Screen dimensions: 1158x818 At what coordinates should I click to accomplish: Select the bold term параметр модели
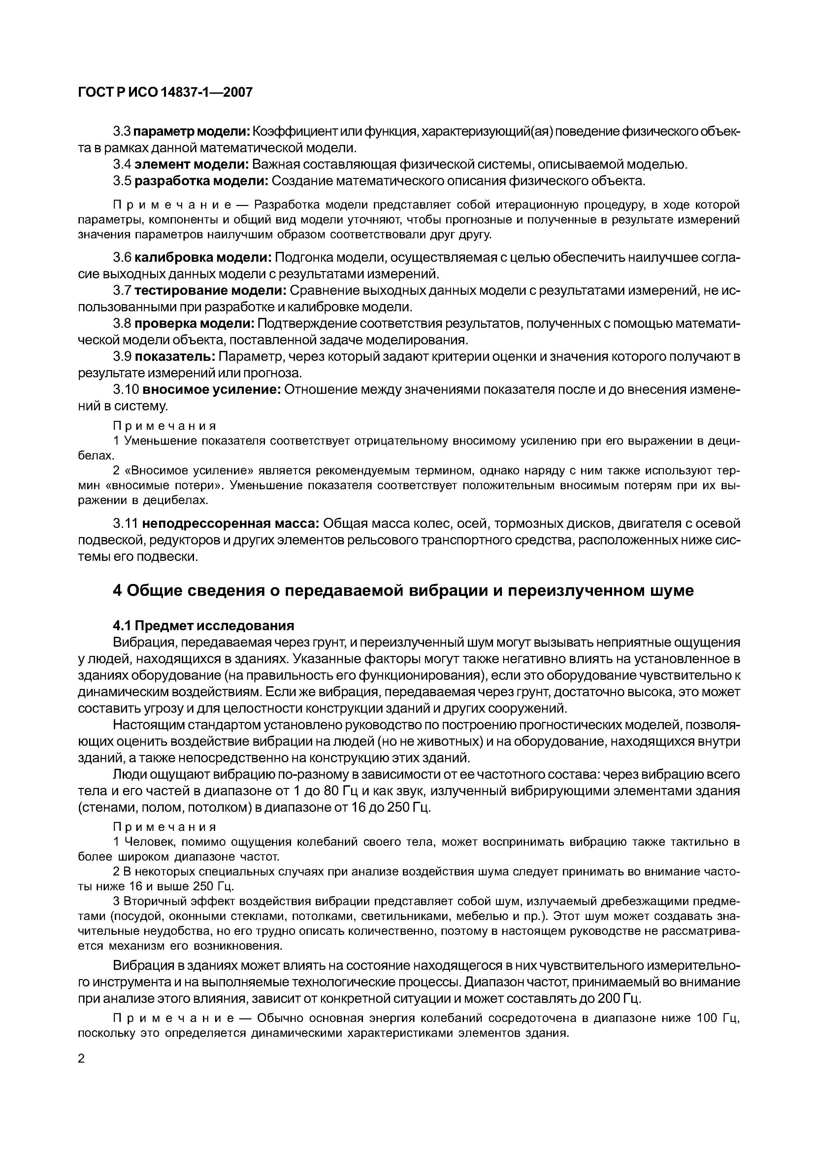[x=191, y=132]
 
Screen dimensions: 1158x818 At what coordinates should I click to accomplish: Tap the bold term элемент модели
[x=191, y=164]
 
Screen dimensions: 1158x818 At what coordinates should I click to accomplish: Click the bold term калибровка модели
[x=204, y=258]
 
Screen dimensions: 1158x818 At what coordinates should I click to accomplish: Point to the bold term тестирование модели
[x=211, y=290]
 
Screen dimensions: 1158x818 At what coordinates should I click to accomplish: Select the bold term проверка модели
[x=195, y=323]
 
